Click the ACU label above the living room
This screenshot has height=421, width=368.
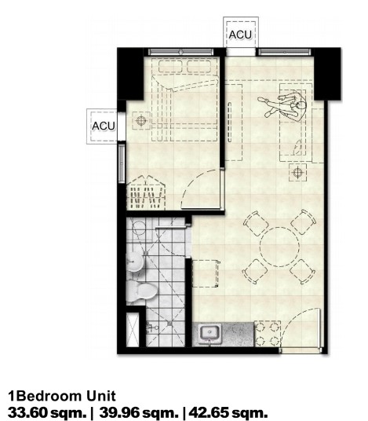(240, 35)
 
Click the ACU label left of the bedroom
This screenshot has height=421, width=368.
(104, 126)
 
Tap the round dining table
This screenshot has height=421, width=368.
(279, 247)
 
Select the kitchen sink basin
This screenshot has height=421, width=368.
(210, 333)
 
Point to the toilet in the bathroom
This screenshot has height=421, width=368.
(141, 291)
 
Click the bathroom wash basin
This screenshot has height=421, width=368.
(135, 262)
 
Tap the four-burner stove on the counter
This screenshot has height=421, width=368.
(268, 334)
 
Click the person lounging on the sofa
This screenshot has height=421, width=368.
(283, 105)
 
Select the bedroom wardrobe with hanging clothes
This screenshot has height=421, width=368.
(146, 192)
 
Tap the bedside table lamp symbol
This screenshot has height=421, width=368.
(141, 120)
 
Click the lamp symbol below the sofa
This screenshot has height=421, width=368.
(297, 172)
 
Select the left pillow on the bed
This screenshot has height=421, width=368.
(169, 66)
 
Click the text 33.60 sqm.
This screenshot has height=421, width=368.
(47, 412)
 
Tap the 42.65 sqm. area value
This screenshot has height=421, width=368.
(228, 412)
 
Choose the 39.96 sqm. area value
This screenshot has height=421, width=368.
(139, 412)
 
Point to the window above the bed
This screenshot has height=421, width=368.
(181, 52)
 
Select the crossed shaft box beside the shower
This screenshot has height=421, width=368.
(133, 329)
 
